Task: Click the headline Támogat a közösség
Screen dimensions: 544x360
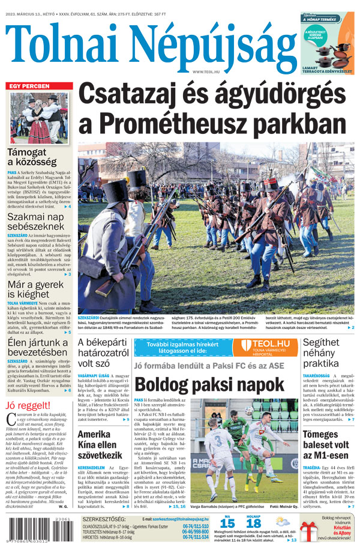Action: (33, 157)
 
